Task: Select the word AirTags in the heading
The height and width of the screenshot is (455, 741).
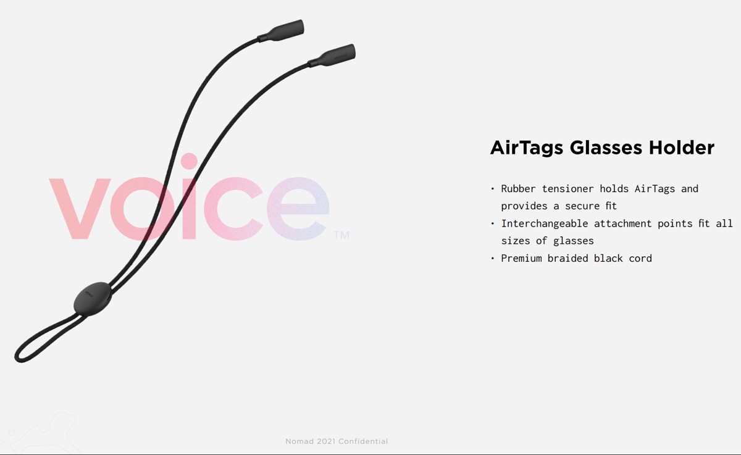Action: pos(527,148)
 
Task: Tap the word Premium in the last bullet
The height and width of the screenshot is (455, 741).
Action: pos(521,259)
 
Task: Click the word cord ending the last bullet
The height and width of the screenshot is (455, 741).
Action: pos(640,259)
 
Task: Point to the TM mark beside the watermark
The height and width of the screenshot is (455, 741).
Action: pos(341,235)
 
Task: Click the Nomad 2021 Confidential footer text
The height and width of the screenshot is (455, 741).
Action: pos(337,441)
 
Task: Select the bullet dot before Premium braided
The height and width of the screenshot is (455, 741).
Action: pos(493,259)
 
